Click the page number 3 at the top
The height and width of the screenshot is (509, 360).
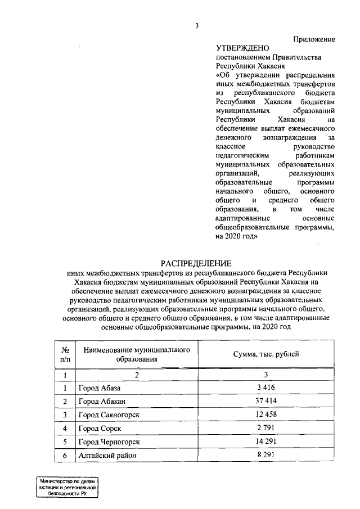tap(197, 25)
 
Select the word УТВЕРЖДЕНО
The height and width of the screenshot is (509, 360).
tap(243, 48)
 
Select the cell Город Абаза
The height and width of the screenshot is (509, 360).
tap(100, 388)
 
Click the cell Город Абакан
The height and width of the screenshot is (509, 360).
tap(102, 401)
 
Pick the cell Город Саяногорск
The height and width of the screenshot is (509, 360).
tap(109, 415)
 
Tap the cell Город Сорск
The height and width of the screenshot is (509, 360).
tap(99, 428)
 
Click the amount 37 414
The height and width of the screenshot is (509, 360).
tap(266, 401)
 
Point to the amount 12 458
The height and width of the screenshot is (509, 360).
tap(266, 415)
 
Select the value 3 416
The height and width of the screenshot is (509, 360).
tap(266, 388)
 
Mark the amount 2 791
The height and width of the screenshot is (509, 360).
tap(266, 428)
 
